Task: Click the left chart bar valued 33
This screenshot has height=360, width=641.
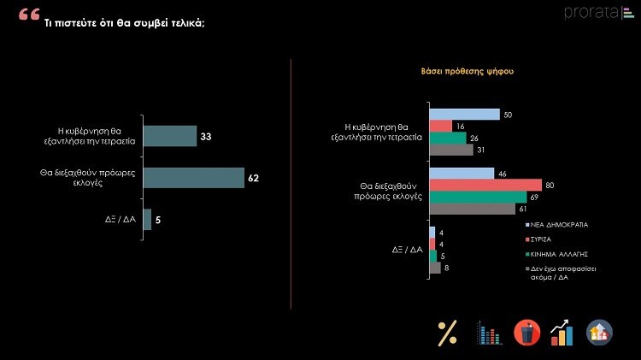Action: tap(169, 136)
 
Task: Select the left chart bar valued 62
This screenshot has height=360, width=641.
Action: tap(193, 178)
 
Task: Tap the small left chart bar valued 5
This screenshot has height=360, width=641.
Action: tap(147, 220)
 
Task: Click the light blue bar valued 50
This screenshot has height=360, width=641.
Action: tap(463, 115)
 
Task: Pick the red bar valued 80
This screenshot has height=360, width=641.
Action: tap(485, 185)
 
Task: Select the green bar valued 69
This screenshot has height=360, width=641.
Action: tap(477, 197)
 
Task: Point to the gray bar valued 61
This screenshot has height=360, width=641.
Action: tap(471, 209)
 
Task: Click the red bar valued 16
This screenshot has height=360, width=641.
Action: tap(439, 127)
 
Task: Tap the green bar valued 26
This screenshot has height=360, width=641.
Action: tap(447, 138)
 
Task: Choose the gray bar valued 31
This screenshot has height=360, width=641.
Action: tap(450, 150)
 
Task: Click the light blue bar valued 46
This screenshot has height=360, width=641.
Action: tap(461, 174)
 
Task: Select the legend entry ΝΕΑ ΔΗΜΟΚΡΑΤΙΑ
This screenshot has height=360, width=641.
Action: tap(559, 224)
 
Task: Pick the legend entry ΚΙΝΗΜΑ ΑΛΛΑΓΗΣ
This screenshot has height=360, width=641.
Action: tap(560, 255)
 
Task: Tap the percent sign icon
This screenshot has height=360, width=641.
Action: tap(447, 333)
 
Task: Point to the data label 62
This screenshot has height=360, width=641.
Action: tap(254, 179)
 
